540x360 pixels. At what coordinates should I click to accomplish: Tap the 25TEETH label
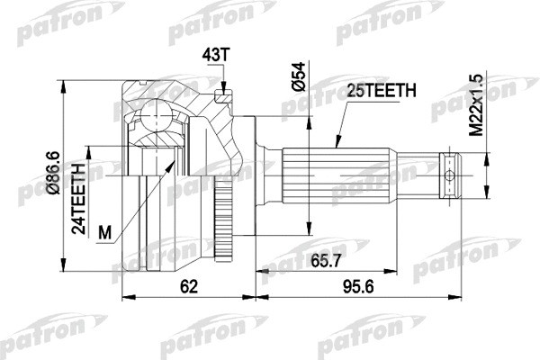tap(381, 90)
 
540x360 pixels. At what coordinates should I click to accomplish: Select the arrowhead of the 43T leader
tap(220, 90)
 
